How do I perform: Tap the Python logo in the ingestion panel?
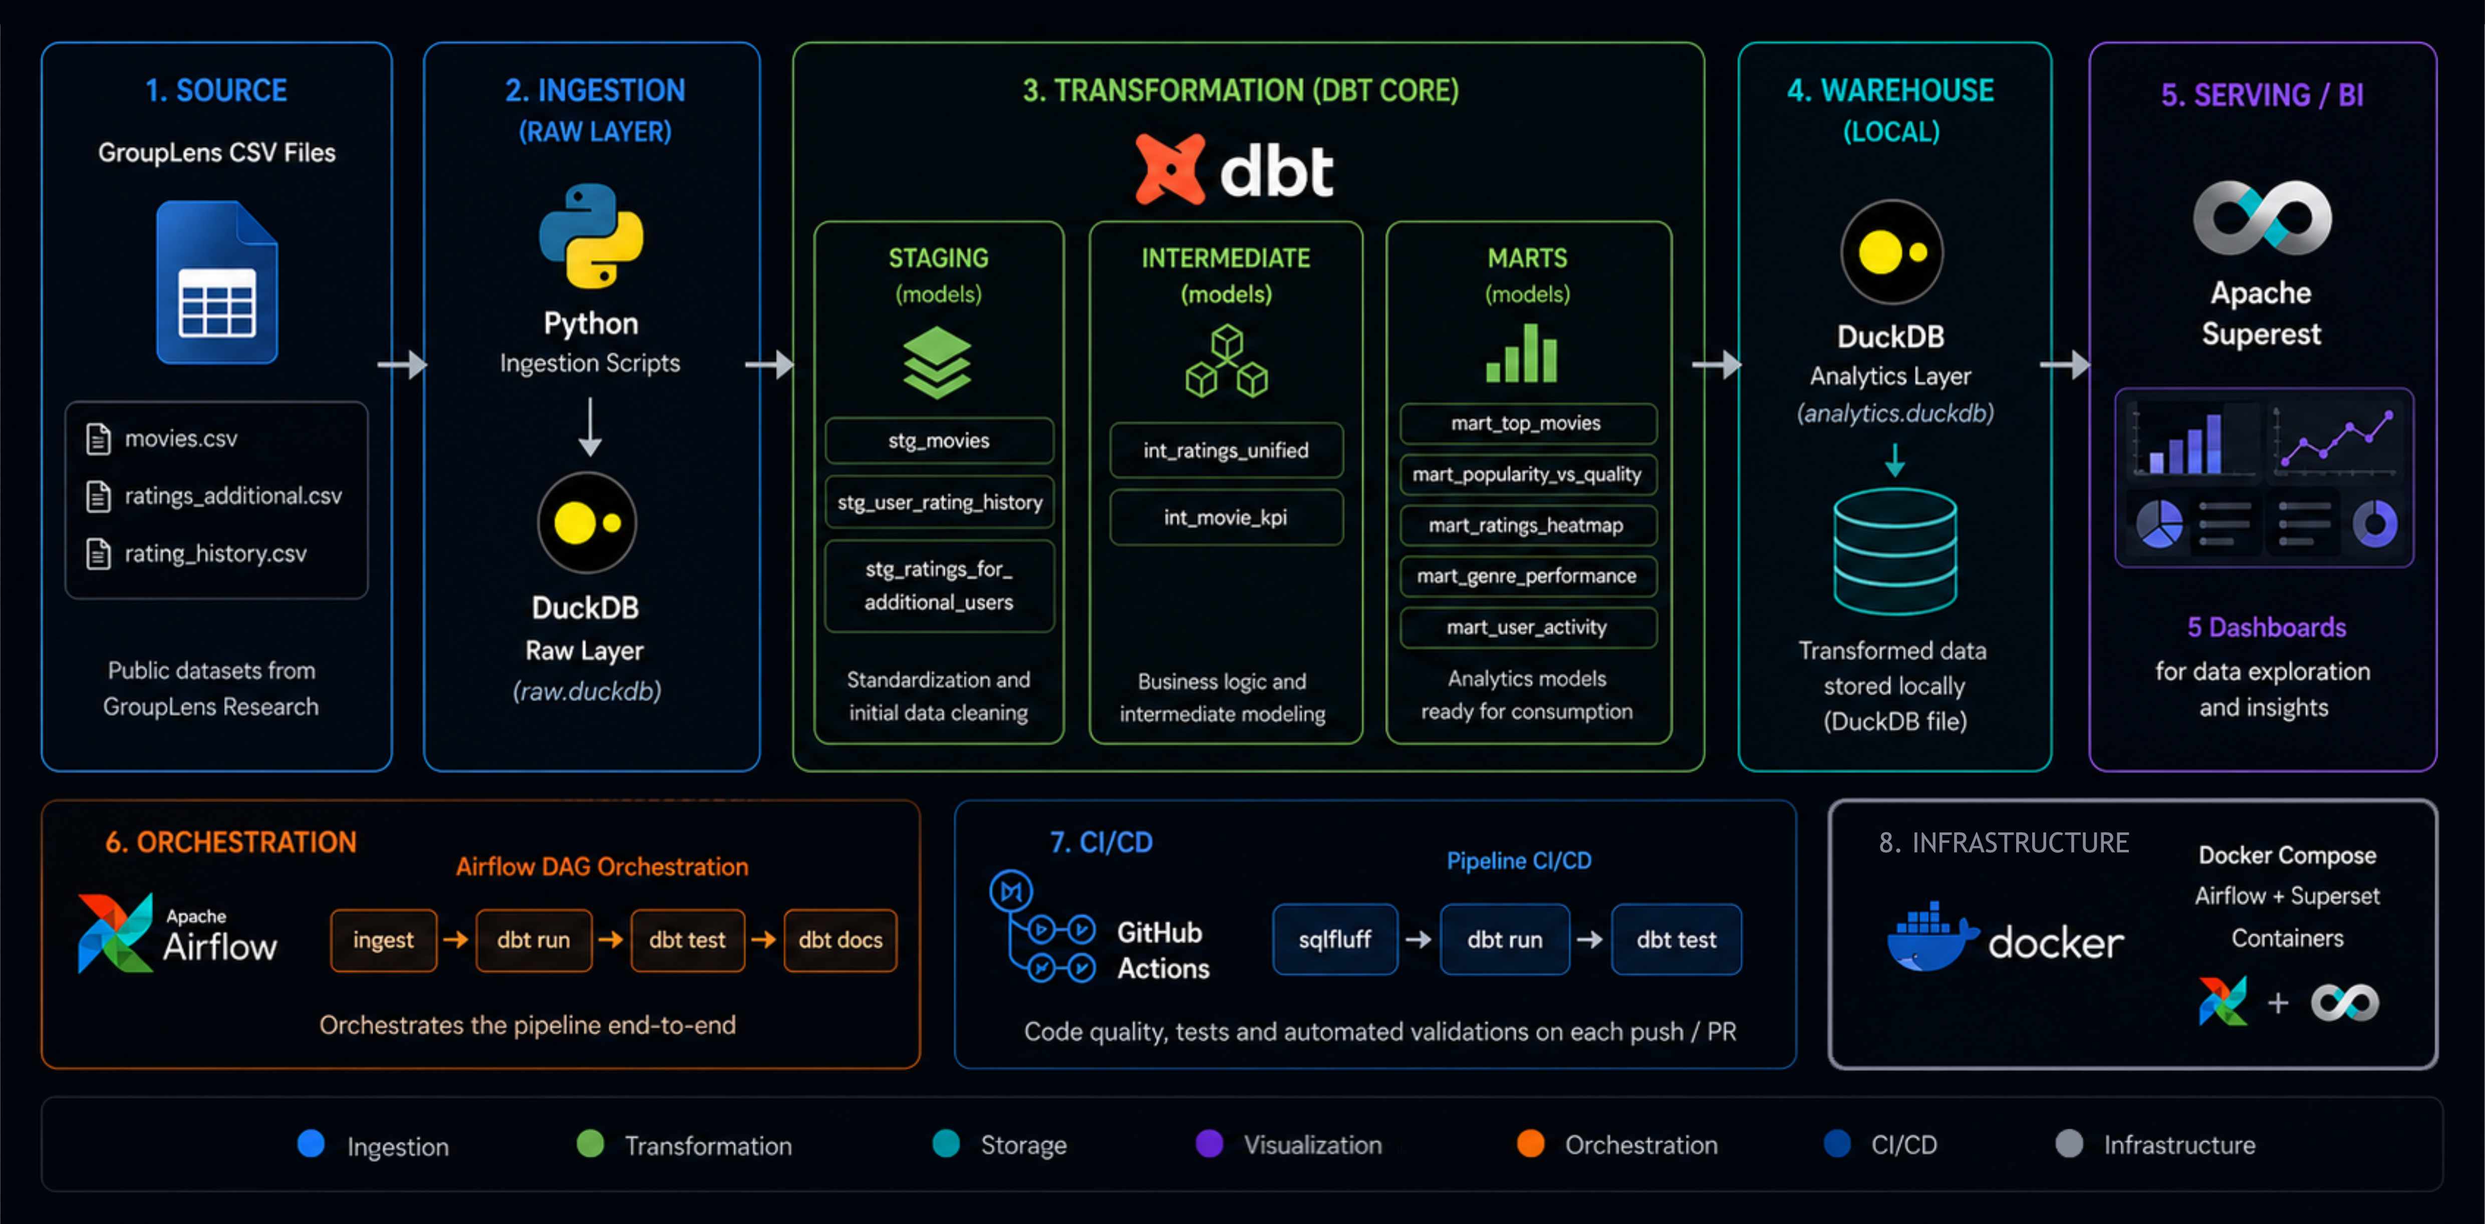tap(591, 236)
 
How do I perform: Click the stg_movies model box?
tap(939, 441)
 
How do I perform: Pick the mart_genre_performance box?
tap(1526, 576)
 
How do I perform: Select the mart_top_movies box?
tap(1526, 423)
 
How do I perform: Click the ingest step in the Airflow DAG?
tap(383, 940)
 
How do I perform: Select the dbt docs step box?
tap(840, 940)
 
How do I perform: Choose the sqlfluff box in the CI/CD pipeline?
tap(1334, 940)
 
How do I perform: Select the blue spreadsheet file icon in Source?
tap(217, 282)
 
